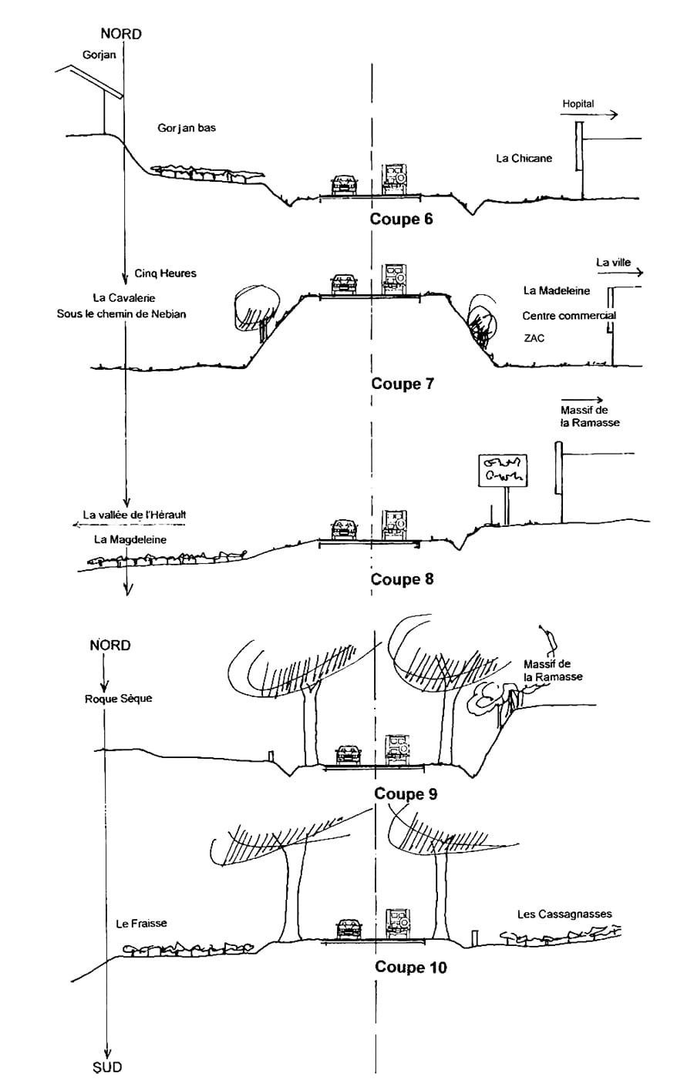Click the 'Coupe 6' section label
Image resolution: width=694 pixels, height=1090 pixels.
(x=401, y=219)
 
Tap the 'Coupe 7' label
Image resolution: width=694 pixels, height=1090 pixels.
(x=403, y=384)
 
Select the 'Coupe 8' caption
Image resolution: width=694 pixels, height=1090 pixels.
(x=403, y=579)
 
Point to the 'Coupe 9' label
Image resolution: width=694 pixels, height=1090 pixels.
(x=406, y=793)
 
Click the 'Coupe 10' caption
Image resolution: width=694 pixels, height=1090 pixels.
(x=410, y=967)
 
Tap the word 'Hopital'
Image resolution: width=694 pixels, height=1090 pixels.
(x=578, y=104)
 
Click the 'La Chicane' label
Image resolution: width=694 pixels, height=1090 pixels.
(x=524, y=159)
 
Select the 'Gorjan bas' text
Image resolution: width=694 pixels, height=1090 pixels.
(x=187, y=128)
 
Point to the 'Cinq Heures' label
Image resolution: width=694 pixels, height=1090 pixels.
(x=165, y=273)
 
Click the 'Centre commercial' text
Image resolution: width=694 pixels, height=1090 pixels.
(x=569, y=316)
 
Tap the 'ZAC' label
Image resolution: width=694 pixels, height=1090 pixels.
(x=534, y=338)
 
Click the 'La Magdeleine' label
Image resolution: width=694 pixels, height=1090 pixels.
(x=130, y=539)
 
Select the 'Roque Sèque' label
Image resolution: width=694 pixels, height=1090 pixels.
(x=118, y=699)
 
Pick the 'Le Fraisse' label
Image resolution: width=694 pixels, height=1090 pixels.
(x=141, y=923)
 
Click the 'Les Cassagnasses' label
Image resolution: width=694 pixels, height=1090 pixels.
(x=564, y=914)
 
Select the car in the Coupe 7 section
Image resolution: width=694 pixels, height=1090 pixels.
(x=344, y=283)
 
